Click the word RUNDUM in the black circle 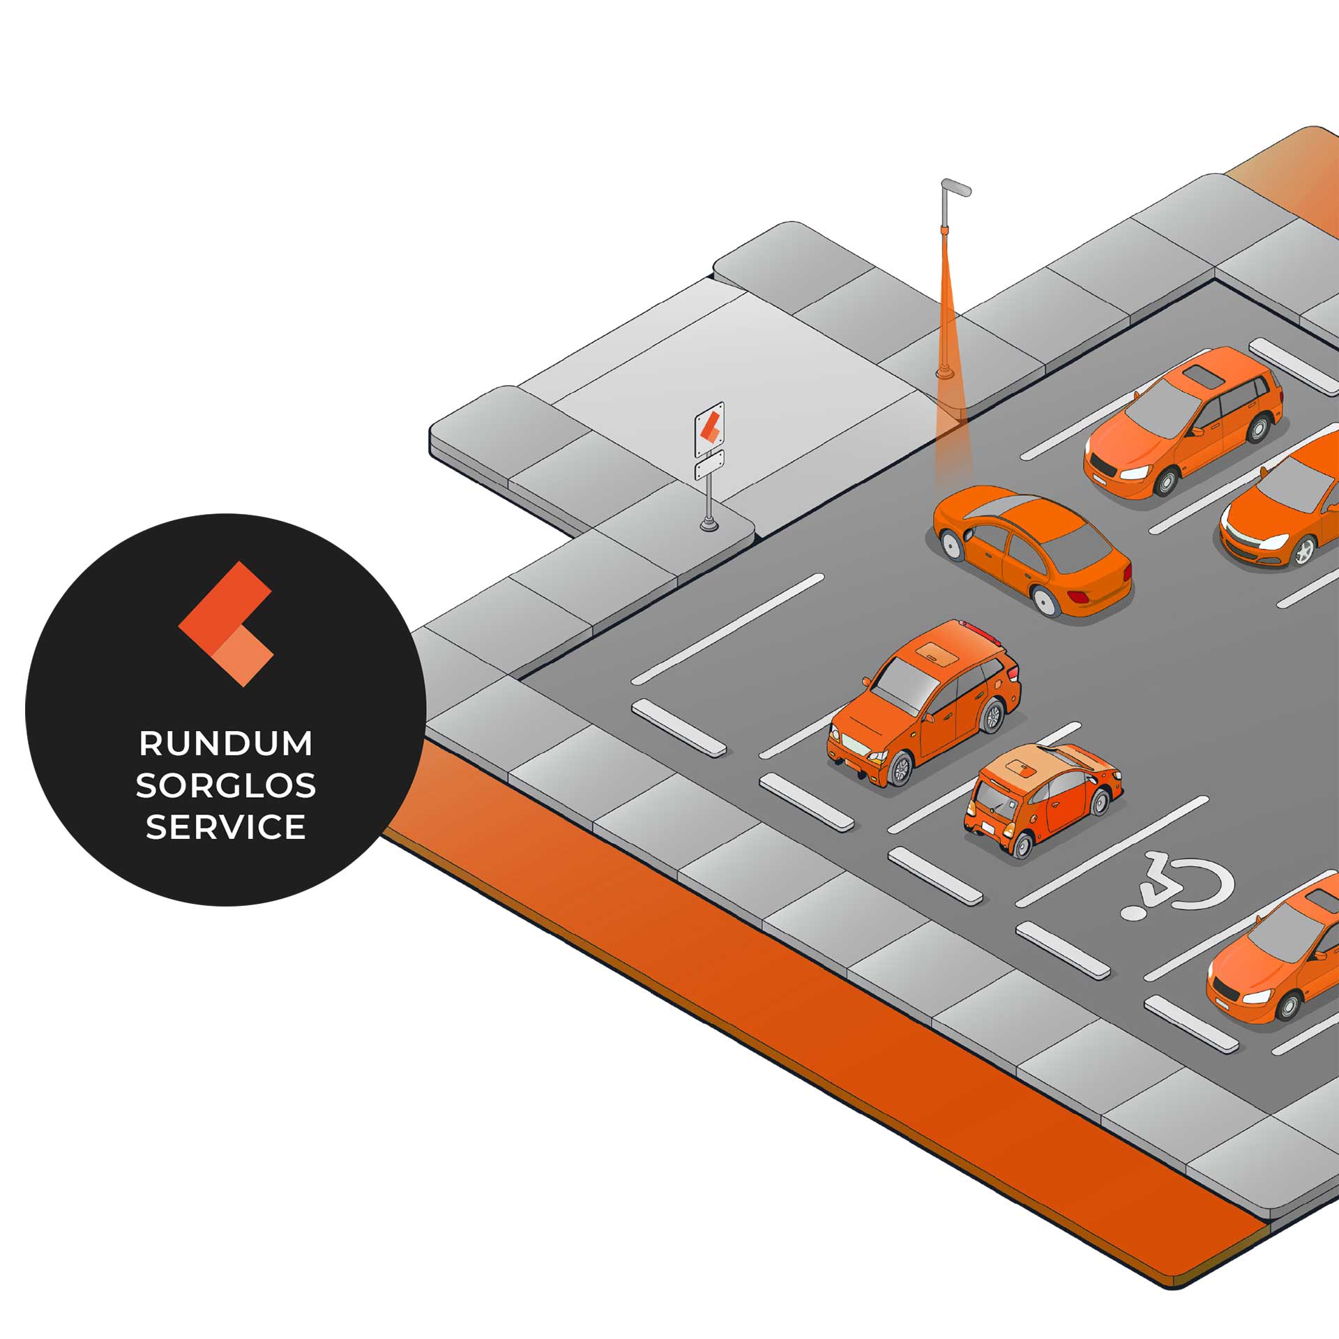click(226, 743)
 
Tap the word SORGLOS click(226, 786)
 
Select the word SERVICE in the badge click(226, 827)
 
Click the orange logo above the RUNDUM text click(226, 623)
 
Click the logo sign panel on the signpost click(710, 427)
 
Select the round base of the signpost click(709, 524)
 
